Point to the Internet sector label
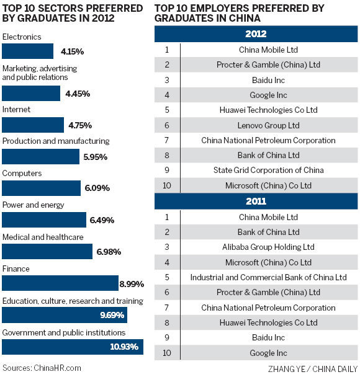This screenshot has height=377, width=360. (x=17, y=109)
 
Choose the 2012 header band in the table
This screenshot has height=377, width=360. (x=256, y=33)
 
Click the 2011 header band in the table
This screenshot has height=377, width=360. (x=256, y=202)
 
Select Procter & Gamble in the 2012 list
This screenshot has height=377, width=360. (x=269, y=64)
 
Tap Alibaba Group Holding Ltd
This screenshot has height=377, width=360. (x=269, y=247)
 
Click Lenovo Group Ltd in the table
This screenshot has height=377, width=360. (x=269, y=125)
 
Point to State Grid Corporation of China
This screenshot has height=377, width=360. (x=269, y=171)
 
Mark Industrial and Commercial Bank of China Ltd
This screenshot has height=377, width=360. (x=269, y=277)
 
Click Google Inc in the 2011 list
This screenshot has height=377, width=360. (x=269, y=353)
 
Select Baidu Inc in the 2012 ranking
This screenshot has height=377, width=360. (x=269, y=79)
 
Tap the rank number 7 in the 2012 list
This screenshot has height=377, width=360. (x=167, y=140)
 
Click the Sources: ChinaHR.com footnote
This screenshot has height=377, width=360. (x=42, y=367)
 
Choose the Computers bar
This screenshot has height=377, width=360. (x=42, y=188)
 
